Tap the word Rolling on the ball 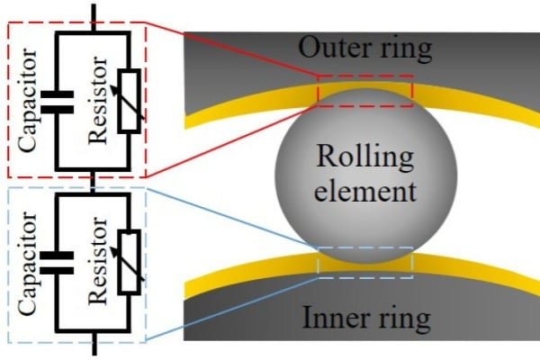coord(364,158)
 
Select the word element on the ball coord(364,190)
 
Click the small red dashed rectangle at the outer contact coord(364,91)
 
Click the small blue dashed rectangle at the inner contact coord(364,262)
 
